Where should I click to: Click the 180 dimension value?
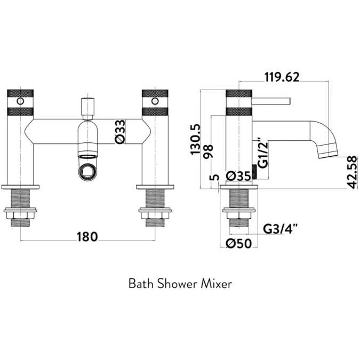[x=87, y=237]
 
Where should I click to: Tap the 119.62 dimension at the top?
[x=282, y=77]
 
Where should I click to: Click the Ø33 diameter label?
[x=120, y=131]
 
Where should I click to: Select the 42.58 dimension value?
[x=351, y=171]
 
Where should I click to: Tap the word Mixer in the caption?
[x=215, y=284]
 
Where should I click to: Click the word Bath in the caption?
[x=140, y=284]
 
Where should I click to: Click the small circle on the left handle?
[x=20, y=101]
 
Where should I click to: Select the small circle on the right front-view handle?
[x=155, y=101]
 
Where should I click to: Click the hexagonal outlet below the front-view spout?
[x=87, y=171]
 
